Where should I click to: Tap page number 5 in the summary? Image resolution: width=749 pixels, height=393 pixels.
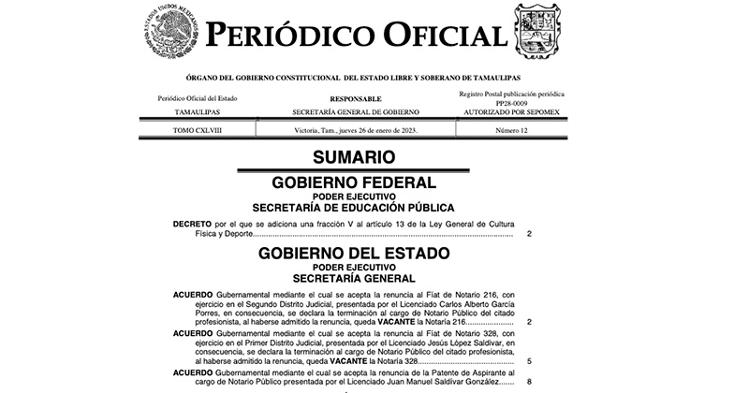(529, 359)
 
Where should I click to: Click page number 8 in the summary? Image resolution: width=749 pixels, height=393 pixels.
(529, 380)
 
